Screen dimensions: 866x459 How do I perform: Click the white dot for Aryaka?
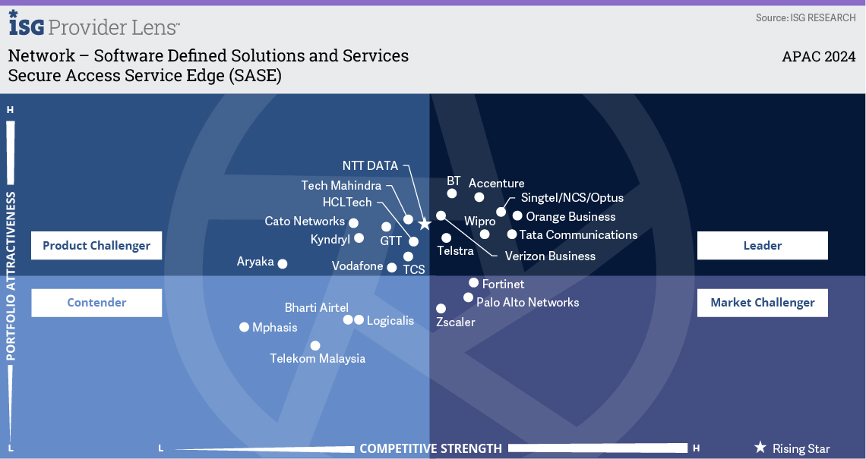pyautogui.click(x=283, y=264)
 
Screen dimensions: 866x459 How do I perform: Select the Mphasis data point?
pyautogui.click(x=244, y=327)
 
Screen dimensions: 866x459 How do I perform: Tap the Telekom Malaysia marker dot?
pyautogui.click(x=314, y=346)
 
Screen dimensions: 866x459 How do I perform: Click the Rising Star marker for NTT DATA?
pyautogui.click(x=424, y=224)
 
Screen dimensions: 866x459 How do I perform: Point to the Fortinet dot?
pyautogui.click(x=473, y=283)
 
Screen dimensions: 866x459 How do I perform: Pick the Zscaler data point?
pyautogui.click(x=441, y=308)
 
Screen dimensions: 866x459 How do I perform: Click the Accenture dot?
pyautogui.click(x=479, y=197)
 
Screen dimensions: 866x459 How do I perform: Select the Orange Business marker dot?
pyautogui.click(x=517, y=215)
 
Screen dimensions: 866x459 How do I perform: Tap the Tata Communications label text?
pyautogui.click(x=578, y=235)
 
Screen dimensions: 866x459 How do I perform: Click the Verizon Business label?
pyautogui.click(x=550, y=256)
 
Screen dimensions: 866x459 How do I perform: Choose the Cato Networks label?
pyautogui.click(x=305, y=222)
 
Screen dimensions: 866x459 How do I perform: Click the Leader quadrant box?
pyautogui.click(x=762, y=246)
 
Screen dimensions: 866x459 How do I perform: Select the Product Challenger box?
pyautogui.click(x=96, y=246)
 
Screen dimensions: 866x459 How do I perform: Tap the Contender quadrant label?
pyautogui.click(x=96, y=302)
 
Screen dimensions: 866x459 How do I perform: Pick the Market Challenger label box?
pyautogui.click(x=762, y=302)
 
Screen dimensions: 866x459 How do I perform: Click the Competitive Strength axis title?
pyautogui.click(x=431, y=448)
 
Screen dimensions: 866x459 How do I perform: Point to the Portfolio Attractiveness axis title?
pyautogui.click(x=11, y=276)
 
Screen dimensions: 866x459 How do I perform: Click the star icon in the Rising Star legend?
pyautogui.click(x=760, y=448)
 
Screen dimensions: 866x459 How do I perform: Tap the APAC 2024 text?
pyautogui.click(x=818, y=56)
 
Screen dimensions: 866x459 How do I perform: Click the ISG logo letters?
pyautogui.click(x=27, y=24)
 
